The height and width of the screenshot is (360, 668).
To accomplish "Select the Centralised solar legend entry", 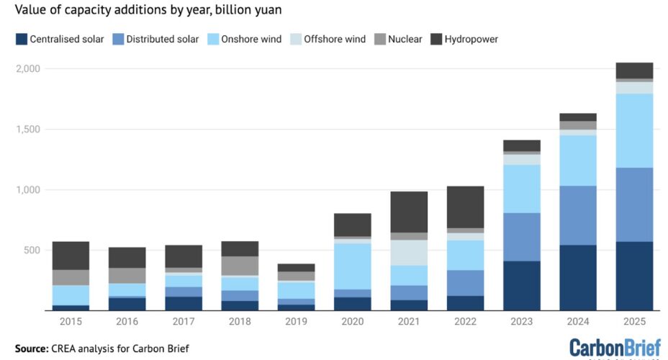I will coord(61,39).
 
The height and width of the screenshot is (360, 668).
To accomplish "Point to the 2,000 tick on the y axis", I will coord(28,68).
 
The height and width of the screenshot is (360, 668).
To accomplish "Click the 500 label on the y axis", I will coord(33,250).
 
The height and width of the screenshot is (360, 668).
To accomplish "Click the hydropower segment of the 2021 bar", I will coord(410,212).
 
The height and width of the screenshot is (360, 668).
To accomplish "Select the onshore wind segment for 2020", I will coord(353,266).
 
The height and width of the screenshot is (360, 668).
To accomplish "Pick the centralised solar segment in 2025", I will coord(634,276).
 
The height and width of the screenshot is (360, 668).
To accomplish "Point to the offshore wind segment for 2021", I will coord(410,253).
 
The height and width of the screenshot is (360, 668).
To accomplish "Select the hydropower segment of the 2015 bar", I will coord(71,256).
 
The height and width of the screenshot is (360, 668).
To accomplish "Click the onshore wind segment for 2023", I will coord(522,189).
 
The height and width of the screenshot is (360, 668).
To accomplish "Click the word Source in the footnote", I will coord(32,348).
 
